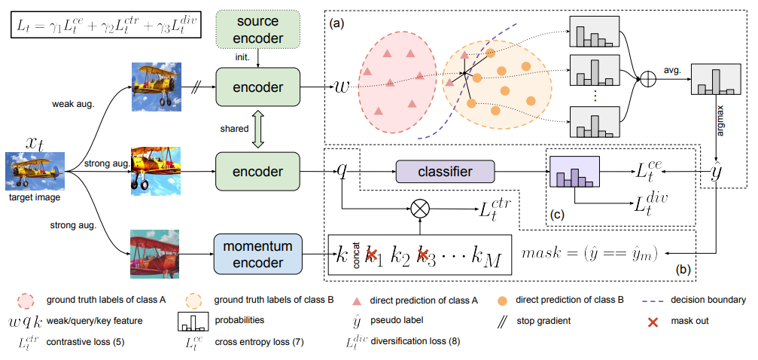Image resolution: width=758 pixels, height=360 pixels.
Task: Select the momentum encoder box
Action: [x=257, y=252]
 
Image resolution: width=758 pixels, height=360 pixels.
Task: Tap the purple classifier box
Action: [x=445, y=172]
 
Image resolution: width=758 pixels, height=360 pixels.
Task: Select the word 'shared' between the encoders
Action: [x=235, y=129]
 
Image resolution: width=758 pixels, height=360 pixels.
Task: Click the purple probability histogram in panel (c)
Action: [x=574, y=172]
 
